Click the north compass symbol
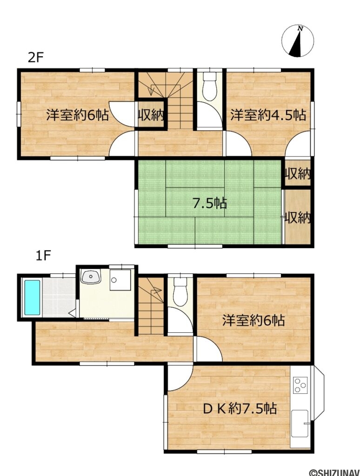298,41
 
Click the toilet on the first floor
179,293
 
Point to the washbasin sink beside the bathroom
90,278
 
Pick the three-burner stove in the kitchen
300,384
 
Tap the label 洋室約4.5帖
268,115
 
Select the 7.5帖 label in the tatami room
210,203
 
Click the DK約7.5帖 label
240,409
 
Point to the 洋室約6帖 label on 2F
77,115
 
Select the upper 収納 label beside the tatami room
298,175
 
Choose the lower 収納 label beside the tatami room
298,217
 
